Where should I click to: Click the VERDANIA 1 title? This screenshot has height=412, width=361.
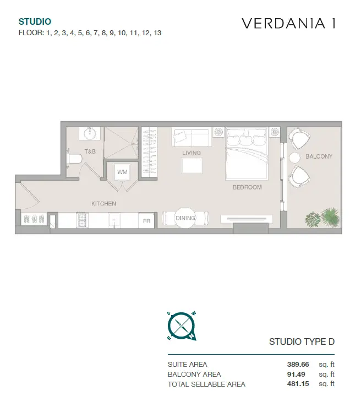(288, 23)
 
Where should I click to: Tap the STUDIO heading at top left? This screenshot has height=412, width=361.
(35, 21)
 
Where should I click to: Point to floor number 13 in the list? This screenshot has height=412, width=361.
(157, 33)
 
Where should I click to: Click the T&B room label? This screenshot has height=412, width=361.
(90, 151)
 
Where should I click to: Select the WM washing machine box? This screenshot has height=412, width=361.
(122, 172)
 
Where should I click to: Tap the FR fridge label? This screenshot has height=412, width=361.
(146, 221)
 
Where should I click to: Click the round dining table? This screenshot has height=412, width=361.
(185, 218)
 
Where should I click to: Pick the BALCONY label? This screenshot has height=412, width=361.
(319, 156)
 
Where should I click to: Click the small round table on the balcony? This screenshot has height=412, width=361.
(294, 158)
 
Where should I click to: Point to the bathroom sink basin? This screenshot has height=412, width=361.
(90, 133)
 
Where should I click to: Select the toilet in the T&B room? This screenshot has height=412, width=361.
(74, 159)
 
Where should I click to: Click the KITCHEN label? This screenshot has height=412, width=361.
(103, 203)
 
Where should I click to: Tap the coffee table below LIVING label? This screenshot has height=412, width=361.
(192, 165)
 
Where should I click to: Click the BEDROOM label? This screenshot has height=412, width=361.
(247, 187)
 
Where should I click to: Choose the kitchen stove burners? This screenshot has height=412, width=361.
(82, 220)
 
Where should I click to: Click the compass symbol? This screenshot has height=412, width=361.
(182, 326)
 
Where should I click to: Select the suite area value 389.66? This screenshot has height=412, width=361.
(298, 365)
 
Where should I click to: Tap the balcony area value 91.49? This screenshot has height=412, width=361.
(296, 374)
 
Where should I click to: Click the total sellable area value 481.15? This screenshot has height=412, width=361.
(298, 384)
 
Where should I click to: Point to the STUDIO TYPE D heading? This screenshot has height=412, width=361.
(302, 341)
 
